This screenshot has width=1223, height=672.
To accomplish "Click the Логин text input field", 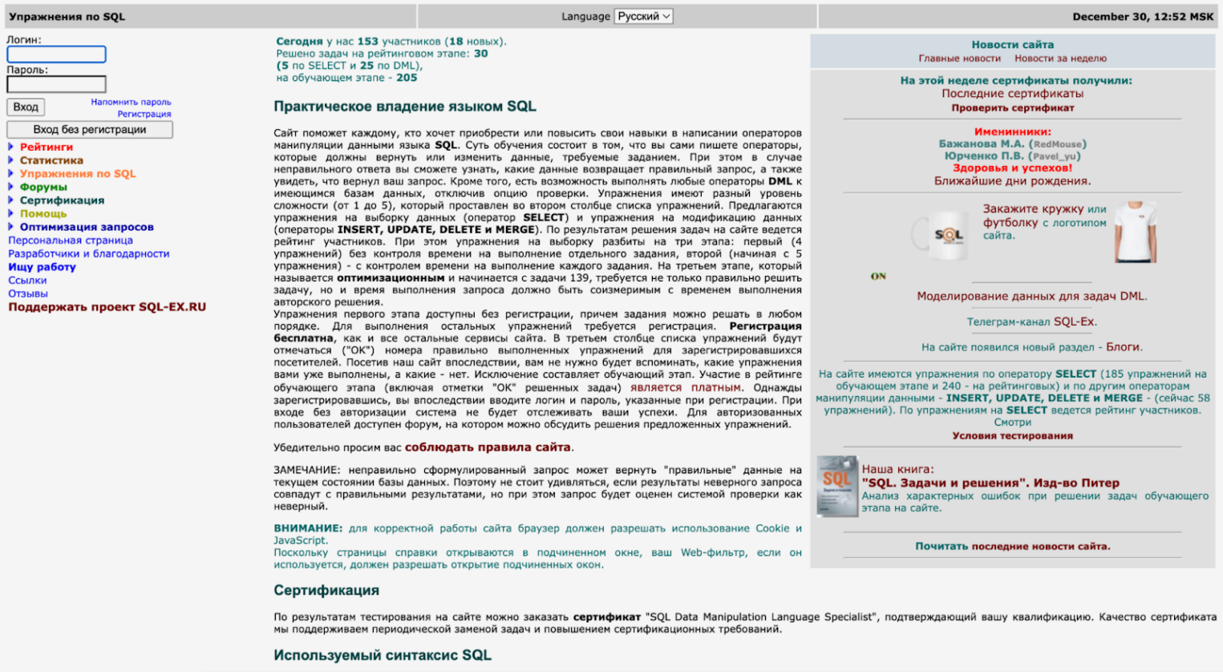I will pyautogui.click(x=56, y=55).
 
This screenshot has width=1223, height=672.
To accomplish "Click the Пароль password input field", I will pyautogui.click(x=56, y=84).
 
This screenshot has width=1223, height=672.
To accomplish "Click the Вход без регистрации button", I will pyautogui.click(x=89, y=130).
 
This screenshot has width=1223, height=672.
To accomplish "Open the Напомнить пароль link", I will pyautogui.click(x=131, y=102).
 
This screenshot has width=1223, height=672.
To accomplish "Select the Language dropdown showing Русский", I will pyautogui.click(x=643, y=16).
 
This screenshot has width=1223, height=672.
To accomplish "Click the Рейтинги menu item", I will pyautogui.click(x=47, y=147).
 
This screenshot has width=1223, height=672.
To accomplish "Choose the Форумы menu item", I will pyautogui.click(x=43, y=187).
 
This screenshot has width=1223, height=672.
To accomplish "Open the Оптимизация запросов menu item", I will pyautogui.click(x=87, y=227).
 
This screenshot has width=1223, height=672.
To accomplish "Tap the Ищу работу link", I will pyautogui.click(x=42, y=267).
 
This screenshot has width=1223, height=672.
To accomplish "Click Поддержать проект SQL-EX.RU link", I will pyautogui.click(x=107, y=307).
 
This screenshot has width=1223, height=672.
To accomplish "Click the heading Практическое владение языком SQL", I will pyautogui.click(x=405, y=107).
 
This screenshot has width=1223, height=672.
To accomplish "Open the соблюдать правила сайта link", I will pyautogui.click(x=488, y=447).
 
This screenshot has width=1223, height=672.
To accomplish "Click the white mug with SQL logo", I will pyautogui.click(x=942, y=234).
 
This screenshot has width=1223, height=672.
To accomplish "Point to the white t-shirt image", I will pyautogui.click(x=1136, y=232).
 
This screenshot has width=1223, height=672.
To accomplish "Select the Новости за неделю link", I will pyautogui.click(x=1060, y=59).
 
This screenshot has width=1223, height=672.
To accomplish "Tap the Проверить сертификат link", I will pyautogui.click(x=1012, y=107).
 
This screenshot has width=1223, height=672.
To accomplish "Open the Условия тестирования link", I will pyautogui.click(x=1012, y=435).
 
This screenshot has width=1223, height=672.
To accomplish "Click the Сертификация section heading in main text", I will pyautogui.click(x=326, y=590).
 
